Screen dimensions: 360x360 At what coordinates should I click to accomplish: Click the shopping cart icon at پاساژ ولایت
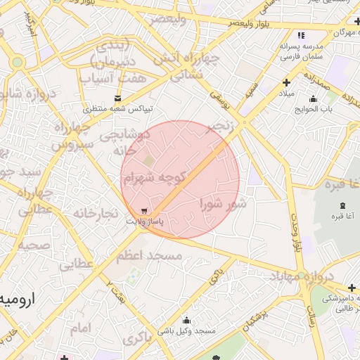click(144, 210)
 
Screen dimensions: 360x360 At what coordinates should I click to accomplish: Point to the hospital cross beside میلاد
click(286, 83)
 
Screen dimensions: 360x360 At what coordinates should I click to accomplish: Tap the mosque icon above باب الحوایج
click(313, 98)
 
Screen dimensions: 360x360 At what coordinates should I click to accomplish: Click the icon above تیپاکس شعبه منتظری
click(117, 98)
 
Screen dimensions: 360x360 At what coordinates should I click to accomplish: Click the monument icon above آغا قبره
click(342, 205)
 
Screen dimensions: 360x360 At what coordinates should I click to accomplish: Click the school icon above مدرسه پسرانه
click(301, 35)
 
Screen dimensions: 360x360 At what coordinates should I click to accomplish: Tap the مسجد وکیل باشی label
click(186, 330)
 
